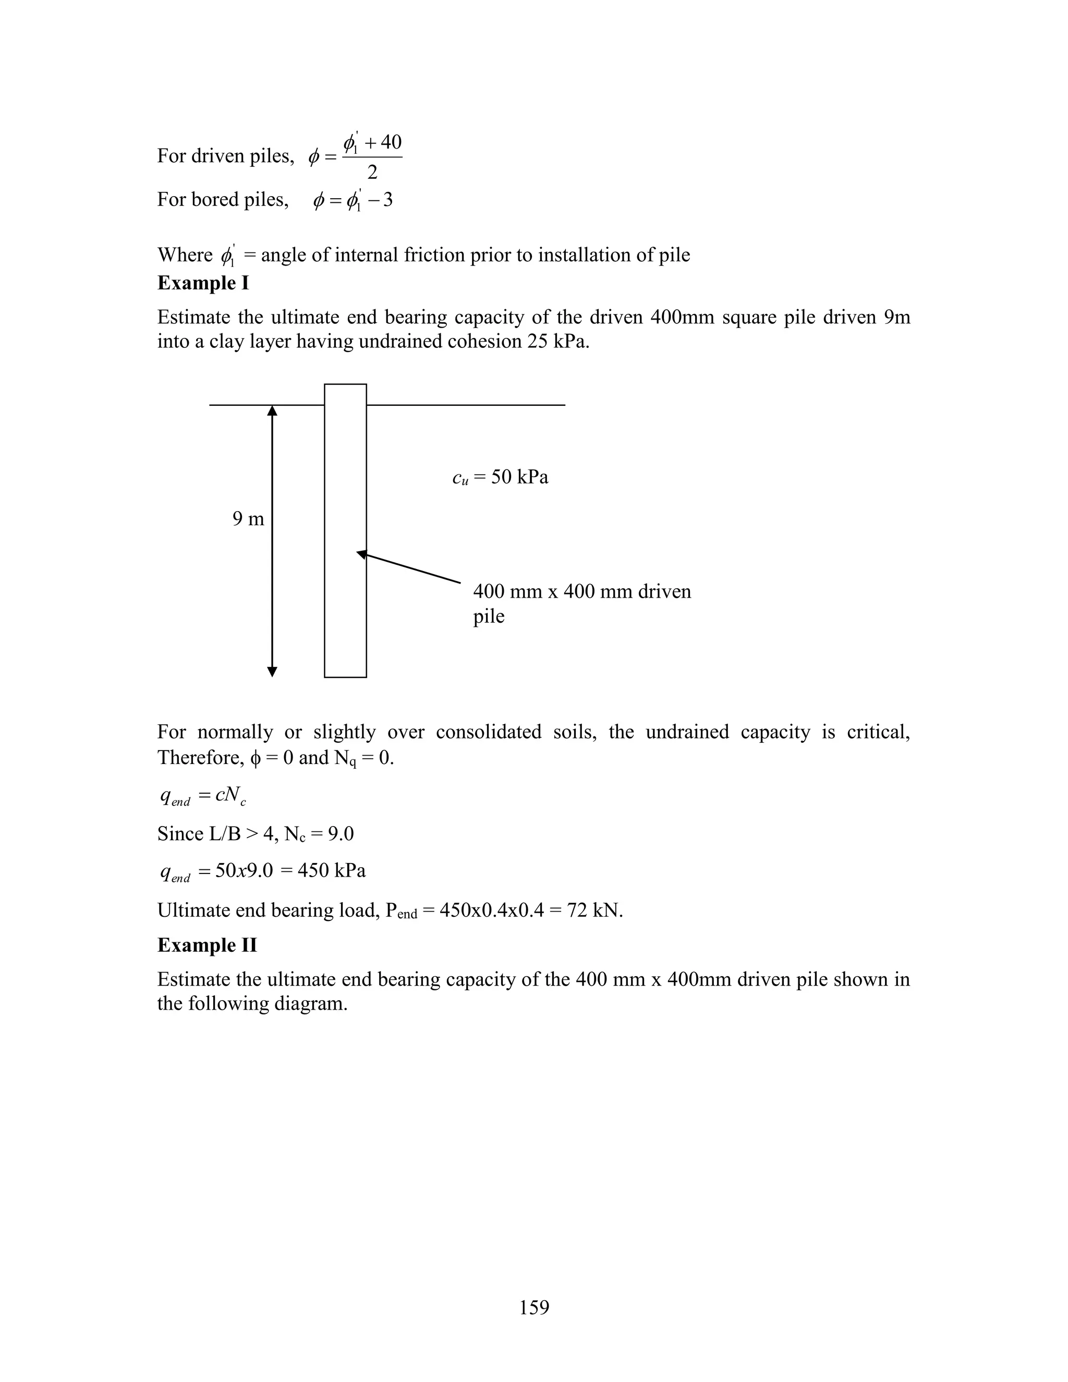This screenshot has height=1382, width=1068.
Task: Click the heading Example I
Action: click(202, 283)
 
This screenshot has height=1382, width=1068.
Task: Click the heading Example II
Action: click(207, 945)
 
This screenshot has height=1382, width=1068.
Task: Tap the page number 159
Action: click(534, 1307)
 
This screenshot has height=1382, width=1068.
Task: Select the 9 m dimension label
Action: click(248, 519)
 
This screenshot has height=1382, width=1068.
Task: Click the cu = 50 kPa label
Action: click(500, 477)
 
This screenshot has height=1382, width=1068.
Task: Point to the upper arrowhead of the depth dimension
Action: click(272, 410)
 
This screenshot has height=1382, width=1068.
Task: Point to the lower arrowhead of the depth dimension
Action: click(272, 671)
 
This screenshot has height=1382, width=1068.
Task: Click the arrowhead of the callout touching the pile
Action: click(361, 554)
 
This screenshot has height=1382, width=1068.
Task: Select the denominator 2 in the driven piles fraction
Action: click(372, 172)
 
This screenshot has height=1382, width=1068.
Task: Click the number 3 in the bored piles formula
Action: click(387, 200)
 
